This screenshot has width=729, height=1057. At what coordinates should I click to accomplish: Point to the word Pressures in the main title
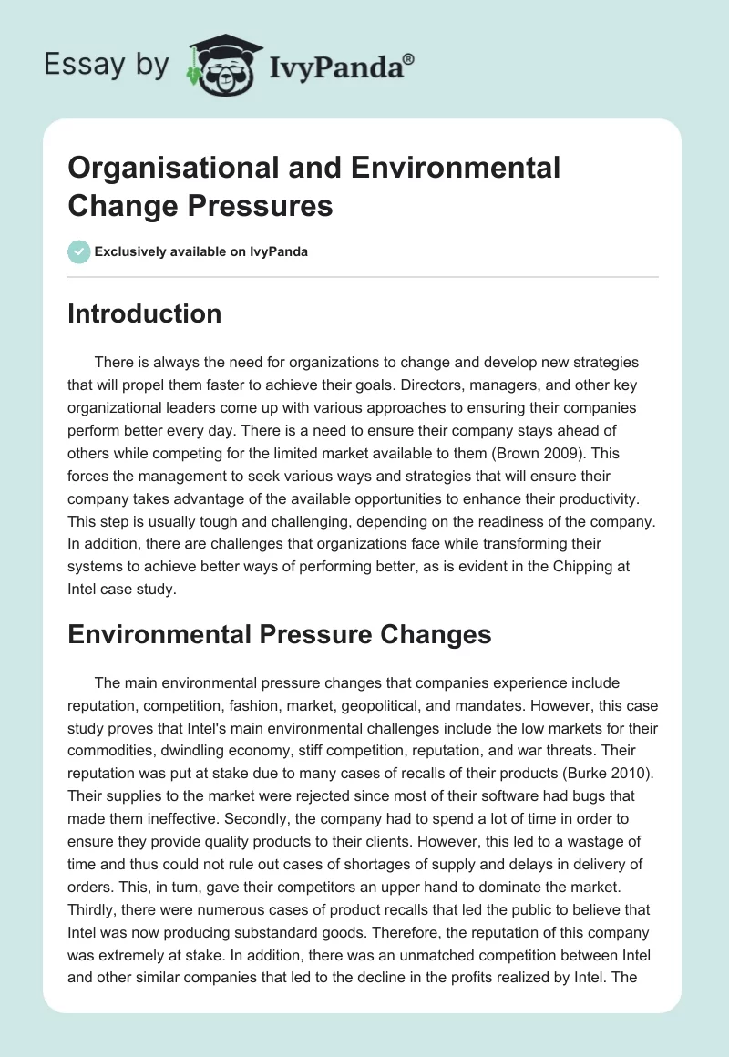(x=262, y=205)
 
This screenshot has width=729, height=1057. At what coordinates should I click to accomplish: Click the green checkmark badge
(x=79, y=251)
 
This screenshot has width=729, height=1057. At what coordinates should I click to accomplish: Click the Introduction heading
(x=144, y=313)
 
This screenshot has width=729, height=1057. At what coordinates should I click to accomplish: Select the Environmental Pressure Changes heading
(x=280, y=634)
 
